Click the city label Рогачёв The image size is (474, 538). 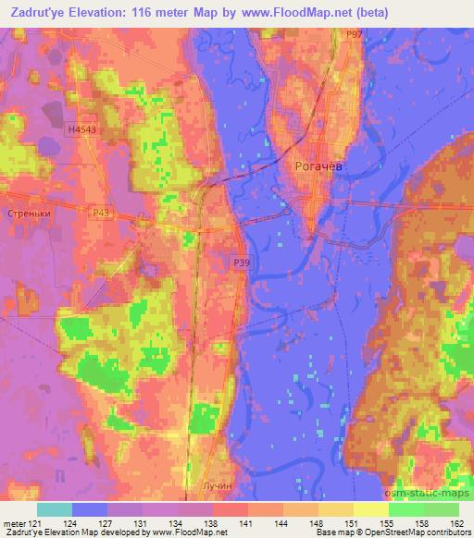click(318, 165)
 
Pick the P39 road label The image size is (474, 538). click(240, 263)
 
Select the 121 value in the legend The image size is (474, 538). click(33, 523)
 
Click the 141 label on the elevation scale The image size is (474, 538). click(245, 523)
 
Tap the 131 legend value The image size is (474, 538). click(140, 523)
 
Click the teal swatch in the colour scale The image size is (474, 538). click(55, 509)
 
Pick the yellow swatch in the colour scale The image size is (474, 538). click(371, 509)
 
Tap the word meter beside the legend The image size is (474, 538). click(13, 523)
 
